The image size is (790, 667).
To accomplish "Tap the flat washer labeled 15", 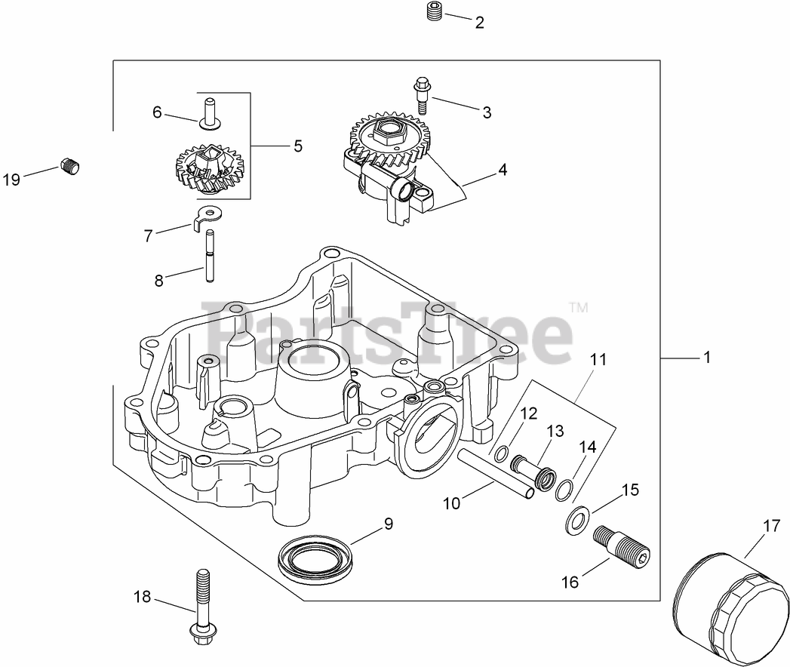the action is [576, 520].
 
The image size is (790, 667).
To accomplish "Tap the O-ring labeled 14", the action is [564, 491].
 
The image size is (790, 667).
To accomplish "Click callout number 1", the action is [707, 358].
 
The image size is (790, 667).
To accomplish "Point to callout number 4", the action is [502, 170].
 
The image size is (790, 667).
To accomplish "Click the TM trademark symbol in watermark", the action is [578, 308].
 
